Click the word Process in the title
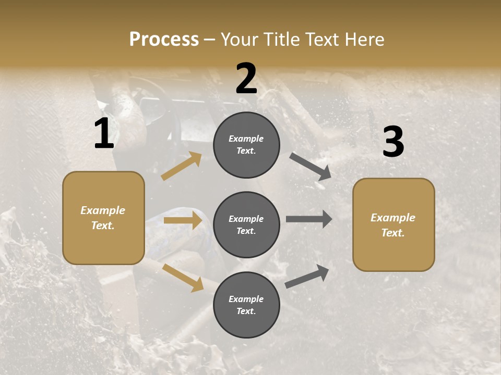(164, 40)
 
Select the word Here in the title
(364, 40)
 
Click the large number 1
(104, 134)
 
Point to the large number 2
(246, 79)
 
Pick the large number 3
(393, 142)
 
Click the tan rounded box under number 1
(103, 218)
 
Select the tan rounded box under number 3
(393, 224)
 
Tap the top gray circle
(246, 145)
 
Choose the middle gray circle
(246, 224)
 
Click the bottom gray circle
(246, 305)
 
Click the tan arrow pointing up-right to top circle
(181, 166)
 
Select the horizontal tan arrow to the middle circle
(183, 220)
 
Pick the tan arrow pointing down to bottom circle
(183, 277)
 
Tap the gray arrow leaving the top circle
(310, 166)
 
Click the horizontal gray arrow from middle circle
(309, 219)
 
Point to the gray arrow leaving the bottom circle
(307, 277)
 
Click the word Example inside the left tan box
(103, 210)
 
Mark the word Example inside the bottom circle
(246, 299)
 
